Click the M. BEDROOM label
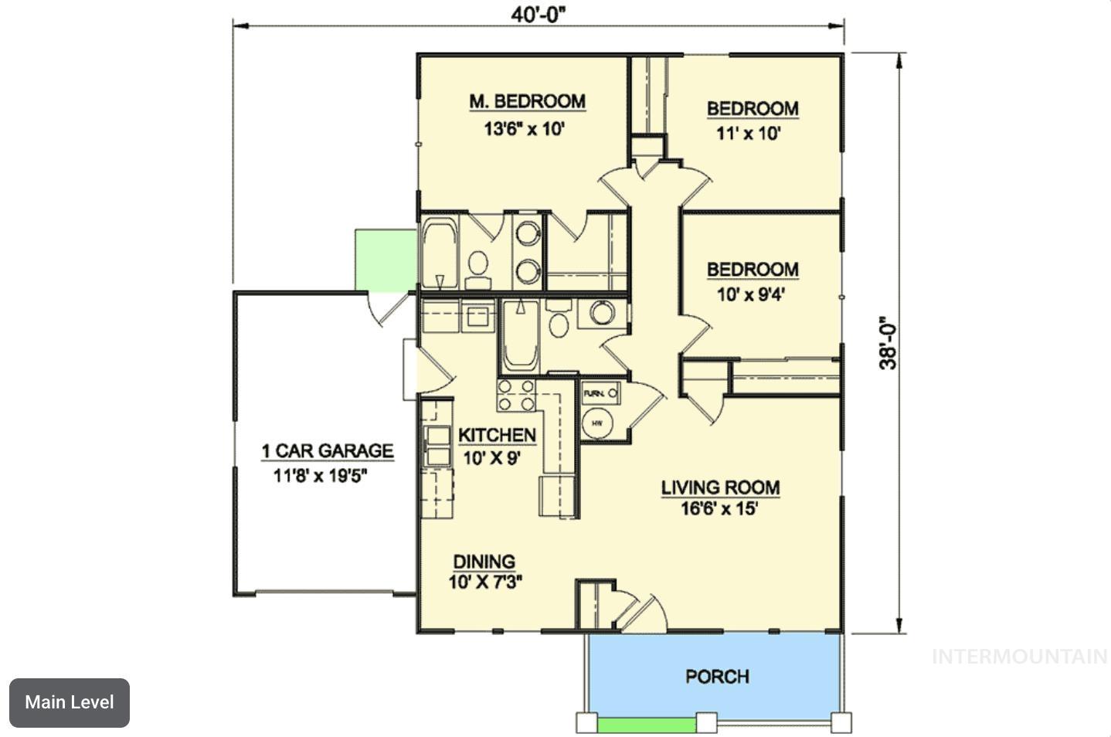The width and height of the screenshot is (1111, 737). (x=528, y=101)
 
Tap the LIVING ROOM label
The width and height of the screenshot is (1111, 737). (x=720, y=487)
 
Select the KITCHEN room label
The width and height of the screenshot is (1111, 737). (x=497, y=436)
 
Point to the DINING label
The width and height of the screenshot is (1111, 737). (x=484, y=562)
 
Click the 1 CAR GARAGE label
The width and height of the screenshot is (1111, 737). (x=327, y=451)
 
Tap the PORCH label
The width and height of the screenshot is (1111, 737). (x=717, y=677)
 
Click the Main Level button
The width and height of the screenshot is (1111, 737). (x=70, y=702)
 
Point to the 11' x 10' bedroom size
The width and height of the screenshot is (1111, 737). (x=748, y=134)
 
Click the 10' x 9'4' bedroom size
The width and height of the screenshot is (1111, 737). (x=751, y=294)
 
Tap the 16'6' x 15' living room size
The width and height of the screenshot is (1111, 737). (x=719, y=509)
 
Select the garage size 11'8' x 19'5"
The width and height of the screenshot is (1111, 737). (x=320, y=475)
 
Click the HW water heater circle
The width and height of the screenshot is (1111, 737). (x=596, y=423)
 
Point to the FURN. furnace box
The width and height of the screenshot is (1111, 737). (x=600, y=393)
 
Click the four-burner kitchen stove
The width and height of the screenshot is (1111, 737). (x=516, y=395)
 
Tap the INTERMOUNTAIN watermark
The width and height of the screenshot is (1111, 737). (x=1020, y=657)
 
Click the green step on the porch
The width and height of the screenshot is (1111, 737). (x=646, y=725)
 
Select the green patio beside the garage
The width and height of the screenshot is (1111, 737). (x=385, y=260)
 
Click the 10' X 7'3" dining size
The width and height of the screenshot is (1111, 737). (x=485, y=582)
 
